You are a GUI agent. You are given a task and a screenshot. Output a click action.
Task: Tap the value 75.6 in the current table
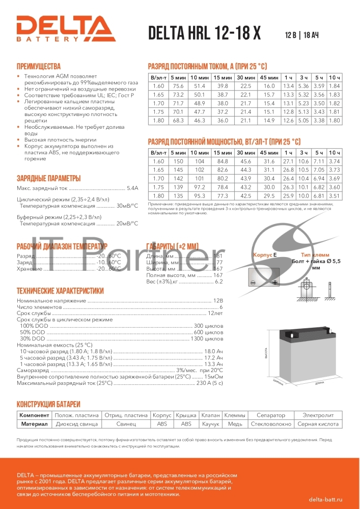point(178,86)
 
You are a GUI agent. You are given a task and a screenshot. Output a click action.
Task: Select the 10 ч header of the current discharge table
point(334,77)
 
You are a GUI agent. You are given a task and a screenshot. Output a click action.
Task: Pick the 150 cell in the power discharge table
point(178,161)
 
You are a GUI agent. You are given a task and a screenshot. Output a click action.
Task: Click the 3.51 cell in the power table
point(334,196)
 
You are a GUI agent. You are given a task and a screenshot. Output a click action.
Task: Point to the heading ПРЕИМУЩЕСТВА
point(39,66)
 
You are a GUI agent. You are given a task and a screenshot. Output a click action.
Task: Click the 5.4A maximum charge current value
point(132,188)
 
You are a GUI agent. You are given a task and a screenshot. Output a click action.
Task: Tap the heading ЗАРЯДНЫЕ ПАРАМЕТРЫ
point(48,178)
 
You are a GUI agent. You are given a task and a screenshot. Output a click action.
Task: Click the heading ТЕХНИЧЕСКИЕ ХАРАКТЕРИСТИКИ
point(60,291)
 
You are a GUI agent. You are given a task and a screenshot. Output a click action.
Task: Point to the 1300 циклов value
point(207,338)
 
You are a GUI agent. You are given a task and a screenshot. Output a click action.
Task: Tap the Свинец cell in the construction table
point(126,423)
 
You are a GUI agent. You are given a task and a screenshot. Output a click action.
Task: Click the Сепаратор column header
point(271,415)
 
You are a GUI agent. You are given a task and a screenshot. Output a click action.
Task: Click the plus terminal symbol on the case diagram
point(274,282)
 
